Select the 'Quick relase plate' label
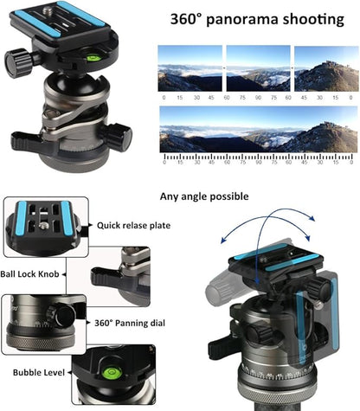coord(134,227)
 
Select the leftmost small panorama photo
coord(188,67)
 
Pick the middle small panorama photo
coord(257,67)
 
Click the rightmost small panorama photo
coord(325,67)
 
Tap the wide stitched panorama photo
coord(257,129)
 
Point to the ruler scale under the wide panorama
coord(257,159)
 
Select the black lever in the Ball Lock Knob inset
coord(107,276)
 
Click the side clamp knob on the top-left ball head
coord(16,60)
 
